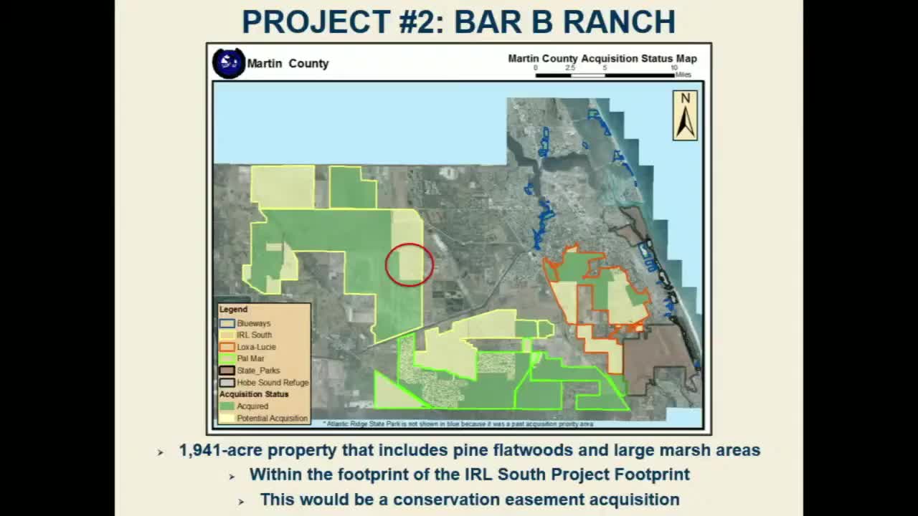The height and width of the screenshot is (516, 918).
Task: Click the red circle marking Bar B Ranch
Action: pos(410,264)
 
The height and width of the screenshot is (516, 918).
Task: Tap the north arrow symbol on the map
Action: pos(685,115)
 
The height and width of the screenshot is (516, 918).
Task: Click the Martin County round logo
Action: pos(229,63)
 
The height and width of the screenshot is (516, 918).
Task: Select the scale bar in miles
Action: pos(605,75)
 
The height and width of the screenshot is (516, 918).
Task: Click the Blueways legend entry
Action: pos(253,323)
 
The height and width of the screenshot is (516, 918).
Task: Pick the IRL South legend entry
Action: pos(254,335)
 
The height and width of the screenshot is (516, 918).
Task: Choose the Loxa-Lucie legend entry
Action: pos(256,347)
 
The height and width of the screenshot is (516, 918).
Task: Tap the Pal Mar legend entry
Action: pos(250,358)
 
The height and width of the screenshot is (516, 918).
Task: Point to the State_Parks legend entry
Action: pos(257,371)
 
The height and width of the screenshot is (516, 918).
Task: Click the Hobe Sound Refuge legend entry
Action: pos(272,383)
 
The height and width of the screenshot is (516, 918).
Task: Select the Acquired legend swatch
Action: pos(227,406)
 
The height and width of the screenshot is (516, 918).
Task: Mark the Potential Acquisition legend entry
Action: pos(272,418)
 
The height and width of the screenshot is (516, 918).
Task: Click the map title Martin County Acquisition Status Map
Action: pos(602,59)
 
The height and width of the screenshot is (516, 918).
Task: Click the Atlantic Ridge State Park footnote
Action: pos(459,424)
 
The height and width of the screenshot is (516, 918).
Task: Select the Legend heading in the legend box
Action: pos(233,310)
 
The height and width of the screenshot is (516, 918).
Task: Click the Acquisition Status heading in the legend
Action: pos(254,394)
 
